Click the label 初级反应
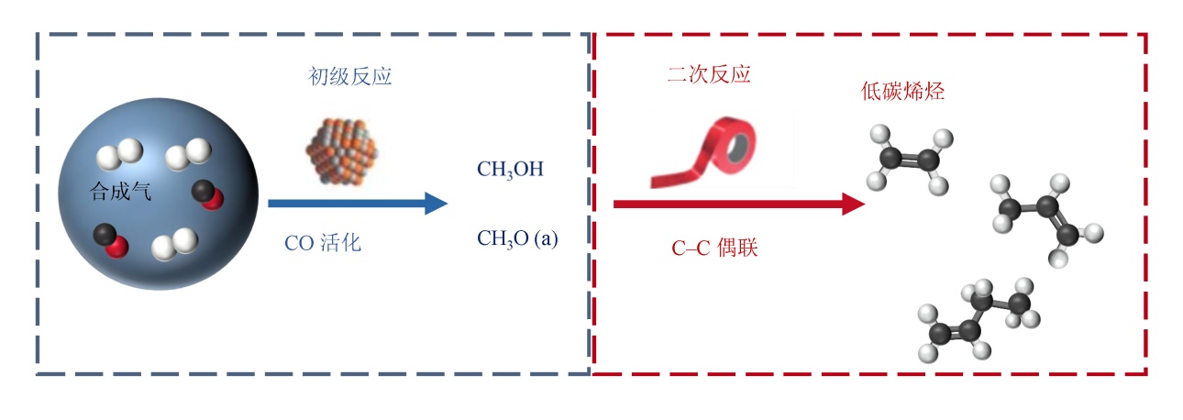[x=348, y=77]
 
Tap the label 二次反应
[x=707, y=75]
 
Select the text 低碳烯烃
[x=902, y=92]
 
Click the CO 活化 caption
[x=322, y=244]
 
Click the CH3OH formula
[x=510, y=170]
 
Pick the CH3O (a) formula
[x=516, y=238]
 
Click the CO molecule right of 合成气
[x=206, y=194]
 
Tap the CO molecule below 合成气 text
[x=109, y=239]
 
